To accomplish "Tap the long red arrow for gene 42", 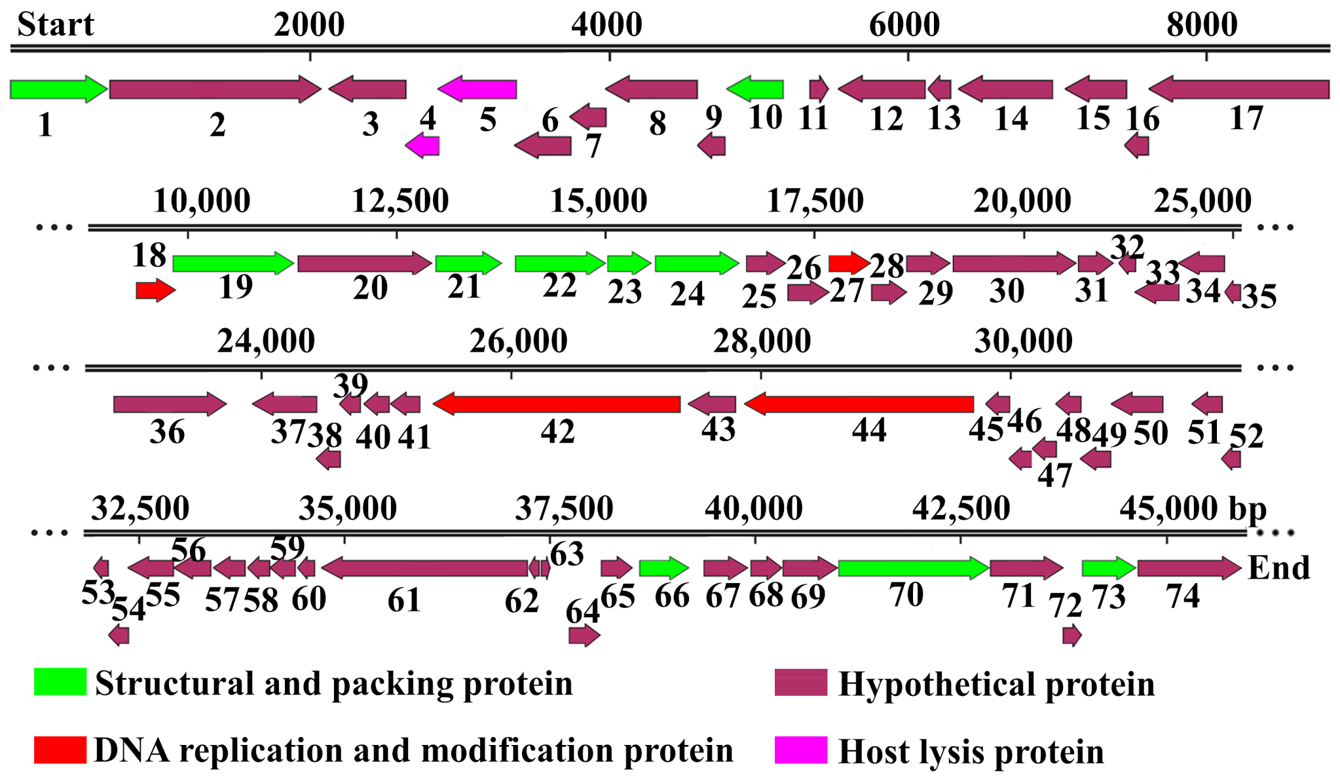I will [557, 404].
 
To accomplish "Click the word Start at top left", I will [56, 25].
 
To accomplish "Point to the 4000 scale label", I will [606, 25].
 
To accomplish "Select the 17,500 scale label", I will [815, 201].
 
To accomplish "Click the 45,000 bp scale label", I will [1193, 509].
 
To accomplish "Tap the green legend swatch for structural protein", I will [60, 682].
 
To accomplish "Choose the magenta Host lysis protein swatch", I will [800, 750].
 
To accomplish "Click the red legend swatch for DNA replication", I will [60, 750].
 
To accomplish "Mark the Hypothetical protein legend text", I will [996, 685].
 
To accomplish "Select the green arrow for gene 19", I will [233, 263].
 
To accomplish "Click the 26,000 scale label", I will [518, 341].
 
